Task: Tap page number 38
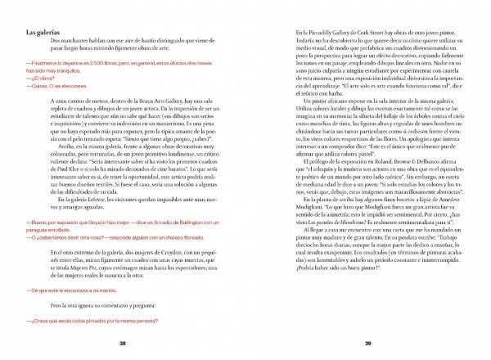point(121,344)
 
